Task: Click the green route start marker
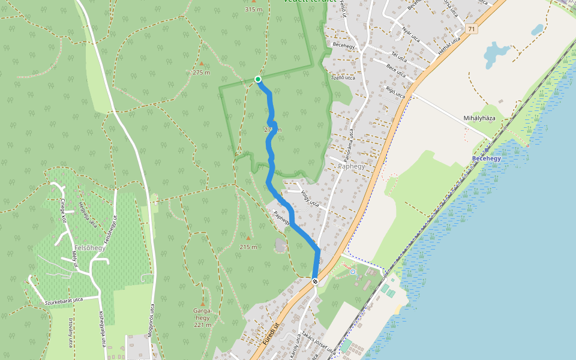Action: pos(258,79)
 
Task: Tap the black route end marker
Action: pos(314,281)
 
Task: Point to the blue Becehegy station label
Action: pos(486,158)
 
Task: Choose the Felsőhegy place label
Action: pos(90,248)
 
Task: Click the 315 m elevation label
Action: pos(254,10)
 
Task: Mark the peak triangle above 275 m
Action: pos(202,63)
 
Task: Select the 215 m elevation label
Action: pos(248,247)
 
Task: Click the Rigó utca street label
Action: pos(396,92)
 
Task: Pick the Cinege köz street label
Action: pos(63,211)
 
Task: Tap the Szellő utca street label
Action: pos(343,77)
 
